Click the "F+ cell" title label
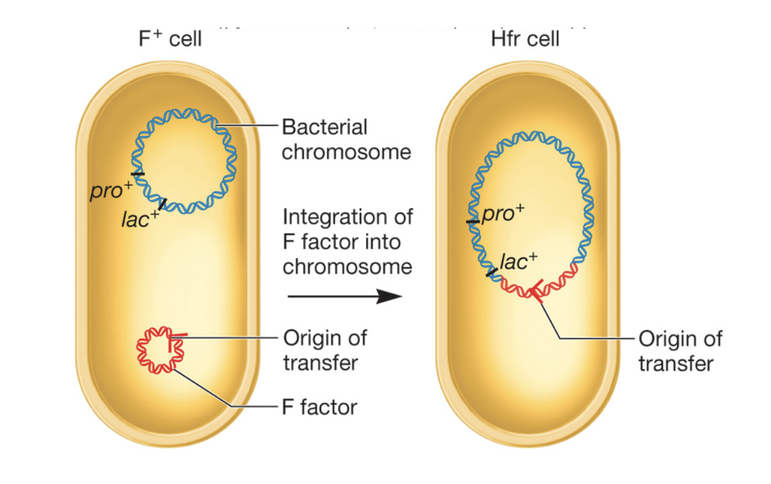coord(171,39)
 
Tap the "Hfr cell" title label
coord(525,39)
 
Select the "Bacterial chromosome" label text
coord(346,139)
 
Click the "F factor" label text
coord(319,407)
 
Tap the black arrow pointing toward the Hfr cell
coord(344,296)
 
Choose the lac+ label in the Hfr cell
coord(519,261)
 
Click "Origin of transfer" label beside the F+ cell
coord(325,350)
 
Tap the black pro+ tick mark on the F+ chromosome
coord(137,174)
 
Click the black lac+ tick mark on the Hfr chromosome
coord(492,272)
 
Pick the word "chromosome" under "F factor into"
coord(347,266)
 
